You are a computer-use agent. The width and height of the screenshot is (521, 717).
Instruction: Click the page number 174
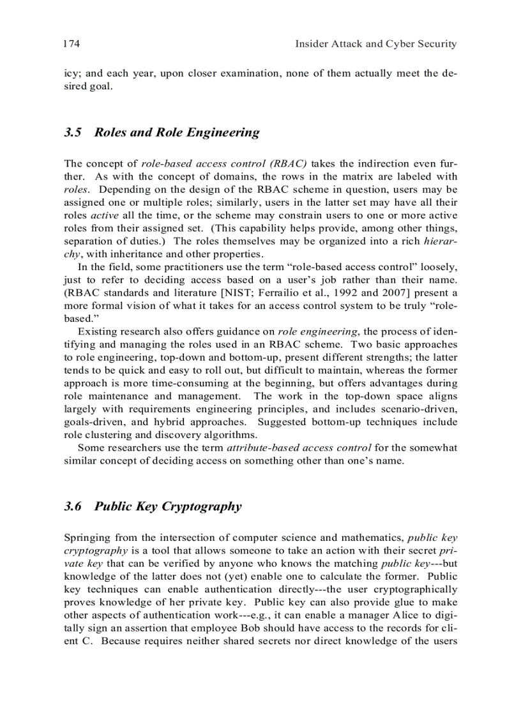[x=71, y=44]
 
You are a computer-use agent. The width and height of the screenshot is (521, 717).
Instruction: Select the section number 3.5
[x=74, y=133]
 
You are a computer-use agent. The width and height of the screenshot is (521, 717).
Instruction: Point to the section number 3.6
[x=74, y=506]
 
